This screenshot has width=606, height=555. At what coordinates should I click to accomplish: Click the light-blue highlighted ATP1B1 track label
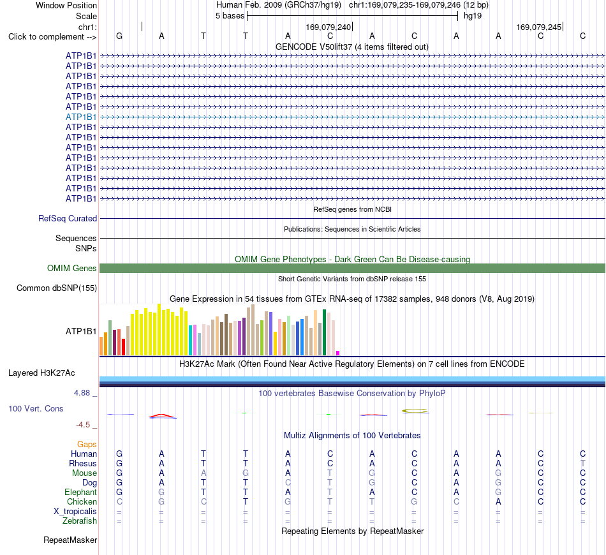click(x=81, y=117)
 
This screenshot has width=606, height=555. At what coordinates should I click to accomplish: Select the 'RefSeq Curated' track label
click(x=68, y=218)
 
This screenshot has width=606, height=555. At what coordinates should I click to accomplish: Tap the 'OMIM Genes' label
click(x=72, y=268)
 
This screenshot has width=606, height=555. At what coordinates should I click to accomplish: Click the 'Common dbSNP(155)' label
click(x=57, y=288)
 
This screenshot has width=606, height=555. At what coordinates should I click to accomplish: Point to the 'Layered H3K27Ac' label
click(x=41, y=373)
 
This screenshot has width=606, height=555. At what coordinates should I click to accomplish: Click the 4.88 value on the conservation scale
click(x=82, y=393)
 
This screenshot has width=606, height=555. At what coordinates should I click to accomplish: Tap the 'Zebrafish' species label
click(x=80, y=521)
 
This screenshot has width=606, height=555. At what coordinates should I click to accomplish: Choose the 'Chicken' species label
click(x=82, y=501)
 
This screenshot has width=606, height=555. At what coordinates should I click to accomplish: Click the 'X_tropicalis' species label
click(x=75, y=512)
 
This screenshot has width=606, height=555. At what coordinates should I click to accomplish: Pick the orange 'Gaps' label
click(x=87, y=445)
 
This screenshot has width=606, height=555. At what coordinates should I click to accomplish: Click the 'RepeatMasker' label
click(x=70, y=540)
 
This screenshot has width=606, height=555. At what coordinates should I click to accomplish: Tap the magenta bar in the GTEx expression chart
click(x=338, y=353)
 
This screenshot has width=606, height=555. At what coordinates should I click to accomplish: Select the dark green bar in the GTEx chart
click(x=324, y=332)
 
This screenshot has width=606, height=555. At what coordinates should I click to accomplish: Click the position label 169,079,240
click(x=328, y=27)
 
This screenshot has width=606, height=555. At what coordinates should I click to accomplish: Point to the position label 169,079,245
click(x=539, y=27)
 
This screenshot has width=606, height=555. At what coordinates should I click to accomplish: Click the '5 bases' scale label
click(x=230, y=16)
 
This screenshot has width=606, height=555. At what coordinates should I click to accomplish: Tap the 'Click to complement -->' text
click(x=52, y=37)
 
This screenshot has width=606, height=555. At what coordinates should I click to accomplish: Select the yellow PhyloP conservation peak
click(x=415, y=410)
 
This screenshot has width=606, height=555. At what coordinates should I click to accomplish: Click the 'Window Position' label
click(x=66, y=5)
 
